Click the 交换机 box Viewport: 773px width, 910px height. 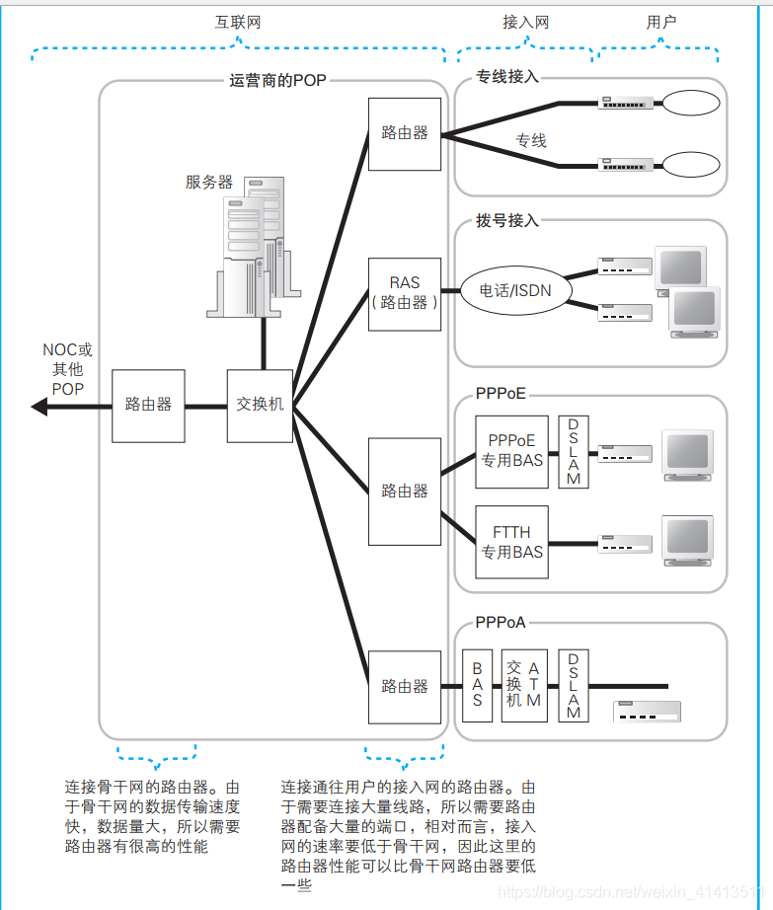pyautogui.click(x=261, y=406)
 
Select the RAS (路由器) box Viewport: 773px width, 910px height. pyautogui.click(x=405, y=294)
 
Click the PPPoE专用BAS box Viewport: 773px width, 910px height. pyautogui.click(x=511, y=451)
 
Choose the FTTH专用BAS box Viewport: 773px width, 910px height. pyautogui.click(x=511, y=542)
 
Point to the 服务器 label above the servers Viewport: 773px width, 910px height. pyautogui.click(x=209, y=182)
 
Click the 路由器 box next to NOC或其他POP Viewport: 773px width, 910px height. pyautogui.click(x=148, y=406)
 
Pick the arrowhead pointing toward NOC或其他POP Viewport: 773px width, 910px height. pyautogui.click(x=39, y=406)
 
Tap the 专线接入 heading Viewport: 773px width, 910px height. pyautogui.click(x=506, y=76)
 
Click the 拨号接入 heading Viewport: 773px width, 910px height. pyautogui.click(x=506, y=220)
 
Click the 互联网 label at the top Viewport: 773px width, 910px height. pyautogui.click(x=238, y=22)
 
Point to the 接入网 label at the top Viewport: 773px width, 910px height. pyautogui.click(x=525, y=22)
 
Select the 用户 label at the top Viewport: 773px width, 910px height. pyautogui.click(x=661, y=22)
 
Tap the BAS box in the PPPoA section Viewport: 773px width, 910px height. pyautogui.click(x=477, y=685)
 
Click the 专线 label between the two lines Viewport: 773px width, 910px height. pyautogui.click(x=531, y=140)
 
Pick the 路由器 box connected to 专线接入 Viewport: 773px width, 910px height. pyautogui.click(x=405, y=133)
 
